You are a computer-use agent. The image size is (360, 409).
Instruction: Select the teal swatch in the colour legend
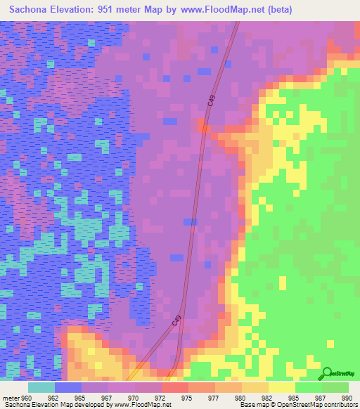[41, 387]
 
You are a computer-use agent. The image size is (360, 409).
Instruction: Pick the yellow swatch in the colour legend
[281, 387]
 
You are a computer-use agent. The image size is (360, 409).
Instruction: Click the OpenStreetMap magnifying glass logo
[327, 374]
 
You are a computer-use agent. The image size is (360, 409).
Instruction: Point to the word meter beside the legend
[10, 397]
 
